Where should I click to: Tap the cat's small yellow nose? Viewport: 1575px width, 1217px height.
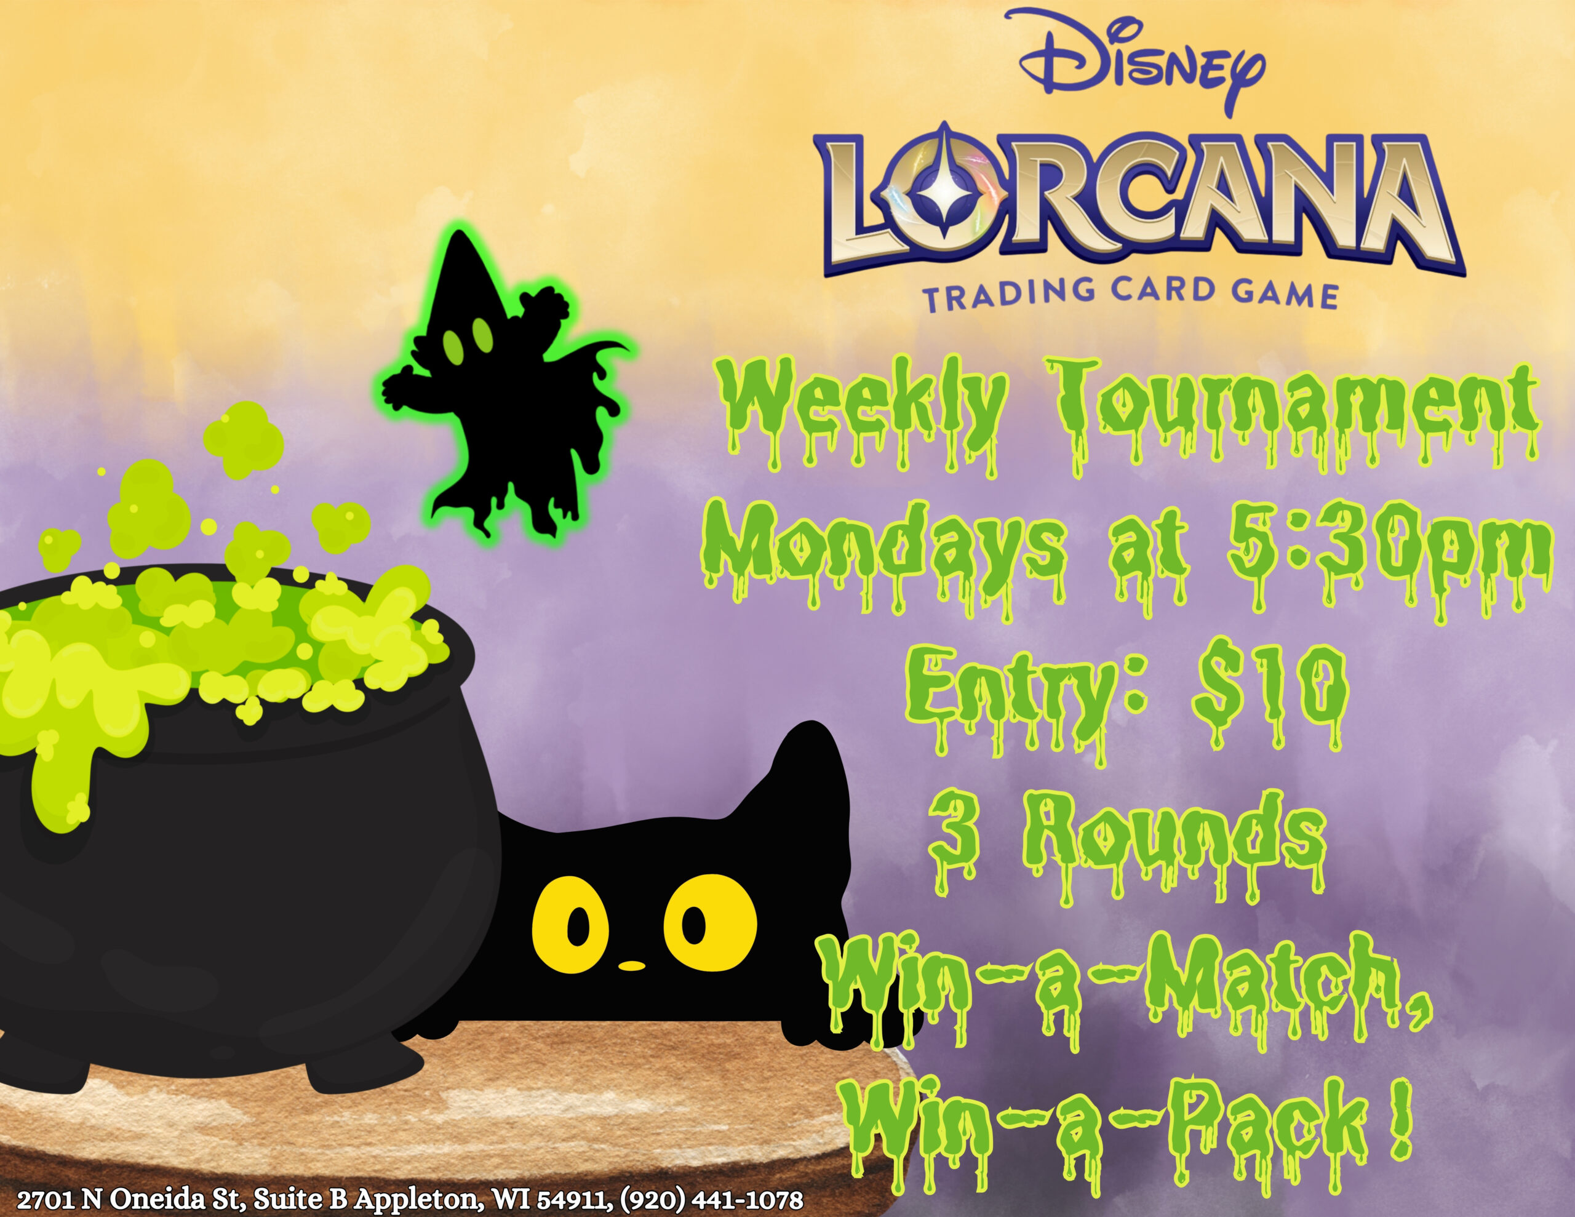[x=632, y=965]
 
